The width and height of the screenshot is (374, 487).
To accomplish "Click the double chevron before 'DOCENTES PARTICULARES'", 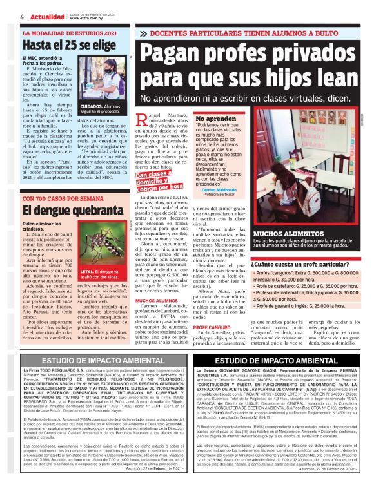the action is (x=144, y=32).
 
